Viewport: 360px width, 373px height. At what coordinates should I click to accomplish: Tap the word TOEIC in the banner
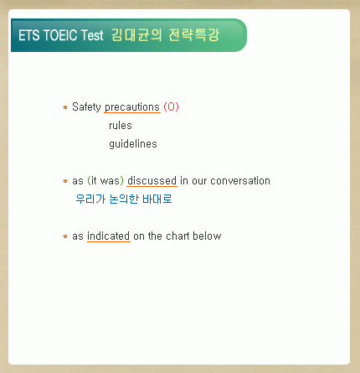coord(60,35)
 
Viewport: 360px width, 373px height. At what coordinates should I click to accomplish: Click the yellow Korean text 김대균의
coord(136,35)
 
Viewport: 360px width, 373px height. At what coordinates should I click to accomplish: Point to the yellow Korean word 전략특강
coord(194,35)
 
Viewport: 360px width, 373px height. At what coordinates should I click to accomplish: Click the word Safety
coord(86,107)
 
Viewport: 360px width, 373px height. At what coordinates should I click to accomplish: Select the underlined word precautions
coord(132,107)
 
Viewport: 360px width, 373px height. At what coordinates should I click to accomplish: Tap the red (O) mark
coord(171,106)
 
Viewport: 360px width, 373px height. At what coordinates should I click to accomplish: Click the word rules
coord(121,126)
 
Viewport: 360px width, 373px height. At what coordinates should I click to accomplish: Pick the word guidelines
coord(133,144)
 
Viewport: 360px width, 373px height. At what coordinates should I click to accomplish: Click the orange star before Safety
coord(65,107)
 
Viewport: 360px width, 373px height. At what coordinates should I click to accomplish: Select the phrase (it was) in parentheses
coord(105,181)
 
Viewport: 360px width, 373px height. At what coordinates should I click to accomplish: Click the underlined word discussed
coord(152,181)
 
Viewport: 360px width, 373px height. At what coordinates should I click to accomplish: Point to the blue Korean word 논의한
coord(124,199)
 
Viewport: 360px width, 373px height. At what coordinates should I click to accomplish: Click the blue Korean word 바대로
coord(157,199)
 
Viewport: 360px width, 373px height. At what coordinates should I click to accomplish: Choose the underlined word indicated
coord(109,236)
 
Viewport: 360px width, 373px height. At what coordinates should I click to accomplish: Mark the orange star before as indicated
coord(65,236)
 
